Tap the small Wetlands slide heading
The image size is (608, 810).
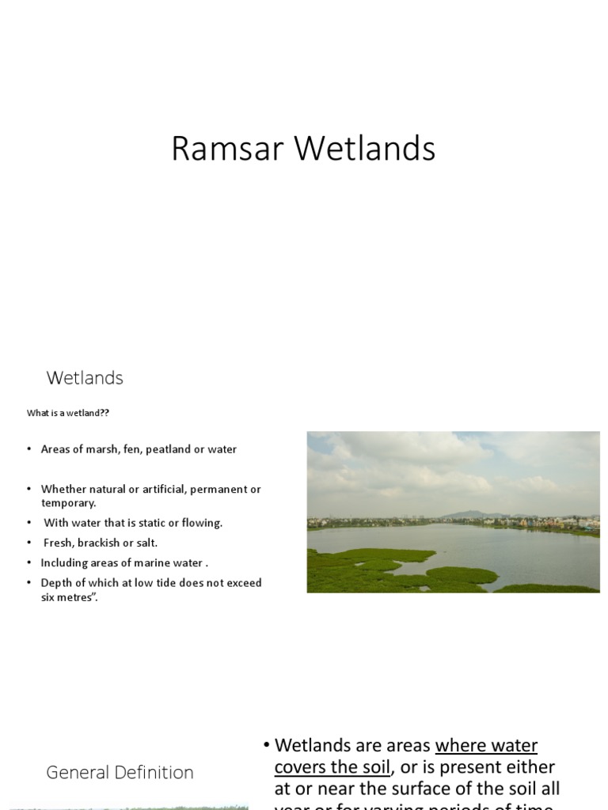click(85, 378)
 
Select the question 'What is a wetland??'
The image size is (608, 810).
click(62, 413)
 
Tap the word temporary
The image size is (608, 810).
click(67, 502)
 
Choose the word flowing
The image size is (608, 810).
click(202, 523)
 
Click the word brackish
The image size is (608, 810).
click(100, 543)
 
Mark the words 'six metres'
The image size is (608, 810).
click(66, 597)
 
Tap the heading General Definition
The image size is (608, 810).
click(120, 772)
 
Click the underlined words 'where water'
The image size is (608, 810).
click(486, 745)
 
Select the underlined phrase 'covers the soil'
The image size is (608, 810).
click(332, 766)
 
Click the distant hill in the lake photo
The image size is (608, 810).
click(466, 513)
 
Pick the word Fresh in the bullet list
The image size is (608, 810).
click(59, 543)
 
